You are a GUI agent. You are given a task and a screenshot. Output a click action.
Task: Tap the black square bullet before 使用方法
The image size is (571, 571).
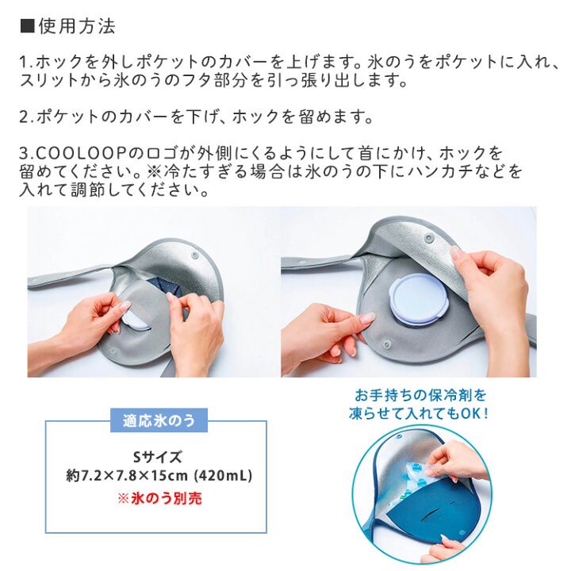tap(26, 26)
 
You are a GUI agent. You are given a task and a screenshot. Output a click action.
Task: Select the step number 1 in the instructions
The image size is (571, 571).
tap(23, 61)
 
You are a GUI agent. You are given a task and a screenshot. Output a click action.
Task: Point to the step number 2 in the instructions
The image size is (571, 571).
tap(23, 117)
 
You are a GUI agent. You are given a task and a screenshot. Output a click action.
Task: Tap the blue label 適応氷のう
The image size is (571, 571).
tap(158, 420)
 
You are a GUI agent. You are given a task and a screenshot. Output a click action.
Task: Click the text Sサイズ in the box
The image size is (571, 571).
tap(157, 457)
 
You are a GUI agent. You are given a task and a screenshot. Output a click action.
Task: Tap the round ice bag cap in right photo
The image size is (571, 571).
tap(418, 300)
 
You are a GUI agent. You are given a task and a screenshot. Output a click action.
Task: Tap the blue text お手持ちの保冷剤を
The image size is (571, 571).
tap(420, 394)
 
